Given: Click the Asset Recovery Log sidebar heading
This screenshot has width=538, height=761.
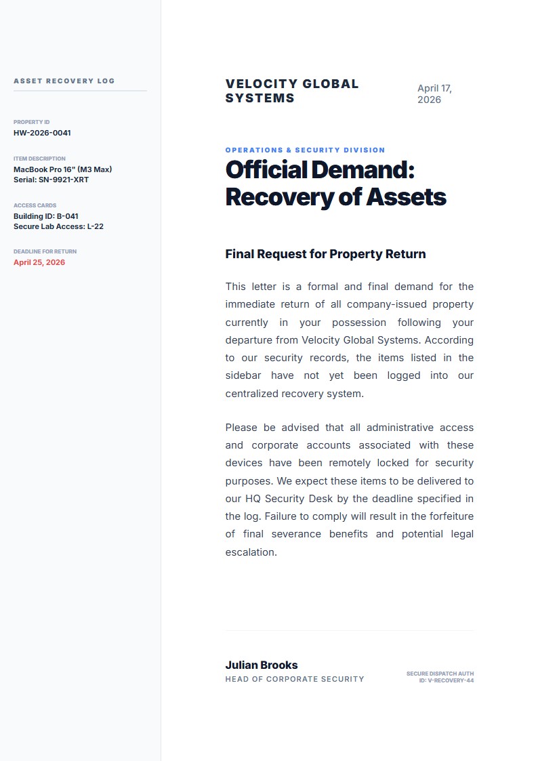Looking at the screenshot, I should (64, 81).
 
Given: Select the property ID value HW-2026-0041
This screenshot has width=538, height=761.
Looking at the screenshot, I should (42, 133).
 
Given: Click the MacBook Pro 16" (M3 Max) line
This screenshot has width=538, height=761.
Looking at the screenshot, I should (62, 169).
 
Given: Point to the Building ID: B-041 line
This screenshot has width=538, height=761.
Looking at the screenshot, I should (46, 216).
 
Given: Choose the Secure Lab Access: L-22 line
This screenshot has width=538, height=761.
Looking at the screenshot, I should (58, 226).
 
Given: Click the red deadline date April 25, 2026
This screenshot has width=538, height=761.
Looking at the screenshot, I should (39, 262).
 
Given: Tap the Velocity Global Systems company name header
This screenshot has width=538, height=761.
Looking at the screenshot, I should (292, 91).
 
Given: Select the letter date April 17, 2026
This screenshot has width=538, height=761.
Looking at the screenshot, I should (434, 94).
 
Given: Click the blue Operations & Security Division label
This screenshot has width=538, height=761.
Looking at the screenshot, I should (305, 150).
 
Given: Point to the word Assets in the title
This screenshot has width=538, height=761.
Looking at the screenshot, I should (406, 197).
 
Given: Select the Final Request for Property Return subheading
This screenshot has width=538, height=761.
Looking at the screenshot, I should (325, 254).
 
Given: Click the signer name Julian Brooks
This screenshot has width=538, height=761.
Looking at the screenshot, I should (262, 665).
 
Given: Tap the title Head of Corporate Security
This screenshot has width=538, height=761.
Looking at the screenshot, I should (295, 679).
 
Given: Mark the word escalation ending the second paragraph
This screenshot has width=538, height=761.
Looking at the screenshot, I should (251, 552).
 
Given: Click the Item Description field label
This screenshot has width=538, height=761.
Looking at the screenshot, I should (39, 159).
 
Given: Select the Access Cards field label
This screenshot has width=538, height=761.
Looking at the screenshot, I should (35, 205).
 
